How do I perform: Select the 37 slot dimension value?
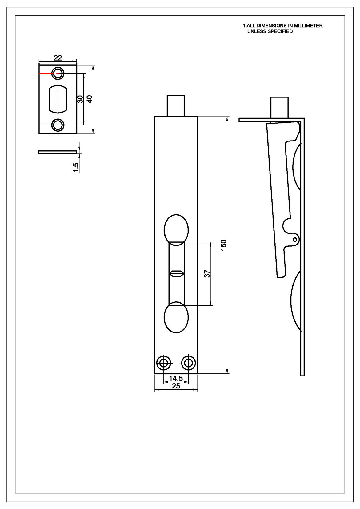coord(207,274)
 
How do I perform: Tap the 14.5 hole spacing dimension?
coord(176,378)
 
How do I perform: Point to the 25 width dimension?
coord(176,386)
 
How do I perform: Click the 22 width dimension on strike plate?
coord(58,58)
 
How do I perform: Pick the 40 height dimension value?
coord(90,99)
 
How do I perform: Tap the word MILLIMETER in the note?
coord(308,26)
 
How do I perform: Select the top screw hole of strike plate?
coord(58,73)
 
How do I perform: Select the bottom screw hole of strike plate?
coord(58,125)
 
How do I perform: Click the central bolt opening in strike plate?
coord(58,99)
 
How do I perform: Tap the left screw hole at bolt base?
coord(163,363)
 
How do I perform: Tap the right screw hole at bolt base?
coord(188,363)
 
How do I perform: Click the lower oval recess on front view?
coord(176,317)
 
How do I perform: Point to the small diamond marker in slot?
coord(176,273)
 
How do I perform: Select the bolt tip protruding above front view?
coord(176,105)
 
